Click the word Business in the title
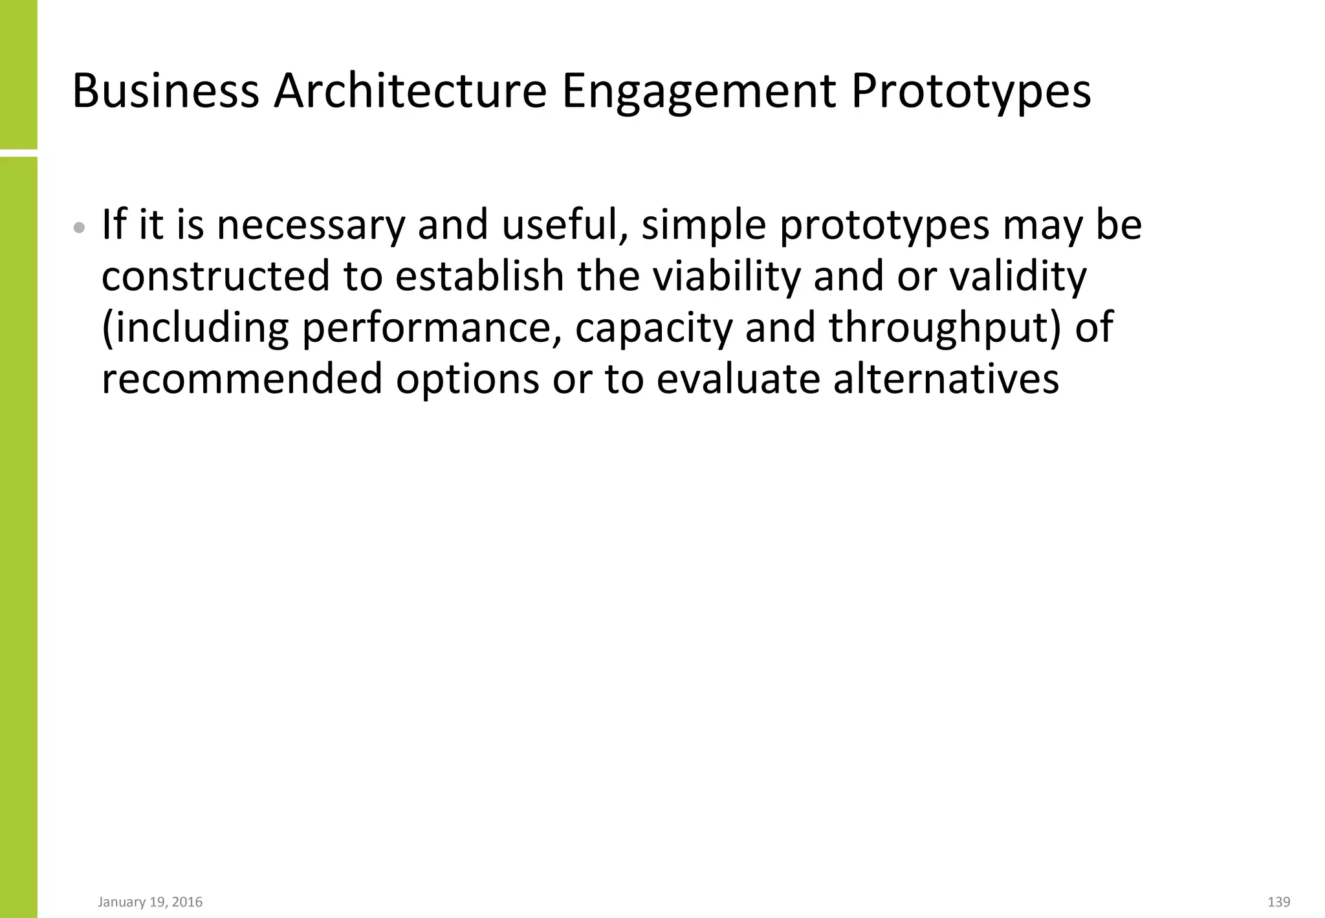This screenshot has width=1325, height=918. (166, 91)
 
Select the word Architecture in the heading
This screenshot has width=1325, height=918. (410, 91)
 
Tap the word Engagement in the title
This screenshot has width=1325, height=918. (698, 91)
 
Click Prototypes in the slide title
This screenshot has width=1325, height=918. (970, 91)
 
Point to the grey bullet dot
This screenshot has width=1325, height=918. (79, 228)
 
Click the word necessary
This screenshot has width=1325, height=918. (310, 225)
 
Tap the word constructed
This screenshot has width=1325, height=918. (216, 276)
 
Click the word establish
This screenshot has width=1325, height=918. (479, 276)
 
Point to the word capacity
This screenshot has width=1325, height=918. (653, 328)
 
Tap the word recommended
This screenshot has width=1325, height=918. (242, 379)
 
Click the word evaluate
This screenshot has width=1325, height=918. (738, 379)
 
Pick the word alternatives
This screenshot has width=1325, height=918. (946, 379)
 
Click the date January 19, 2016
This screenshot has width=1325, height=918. (150, 902)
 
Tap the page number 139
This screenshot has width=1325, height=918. (1278, 902)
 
